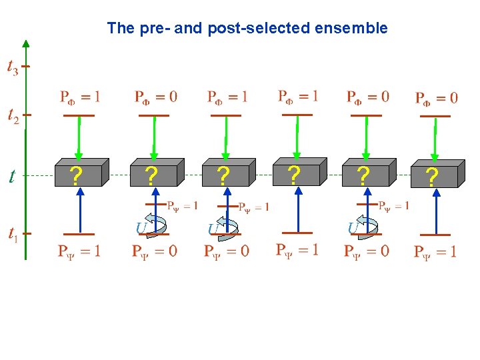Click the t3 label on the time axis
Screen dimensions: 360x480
[13, 67]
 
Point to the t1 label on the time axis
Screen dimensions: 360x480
[13, 234]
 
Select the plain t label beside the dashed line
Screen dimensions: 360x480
[13, 176]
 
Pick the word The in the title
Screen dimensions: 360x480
[121, 28]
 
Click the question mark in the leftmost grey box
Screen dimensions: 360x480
[78, 176]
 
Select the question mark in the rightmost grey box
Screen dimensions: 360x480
[432, 178]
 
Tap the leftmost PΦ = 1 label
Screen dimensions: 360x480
[79, 97]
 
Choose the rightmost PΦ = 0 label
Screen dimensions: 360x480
[436, 99]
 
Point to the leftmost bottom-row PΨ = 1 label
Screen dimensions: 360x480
[79, 251]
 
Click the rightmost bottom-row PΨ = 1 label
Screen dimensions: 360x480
[435, 252]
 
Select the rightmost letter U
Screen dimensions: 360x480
[354, 229]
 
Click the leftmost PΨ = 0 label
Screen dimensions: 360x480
[154, 251]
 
